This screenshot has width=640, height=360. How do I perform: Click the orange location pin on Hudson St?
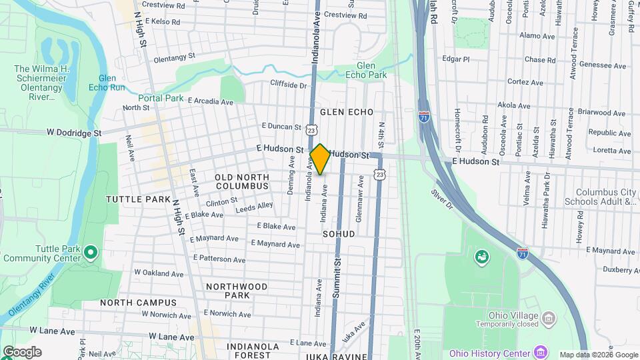pyautogui.click(x=320, y=159)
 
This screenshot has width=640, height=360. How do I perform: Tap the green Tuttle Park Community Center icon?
pyautogui.click(x=91, y=253)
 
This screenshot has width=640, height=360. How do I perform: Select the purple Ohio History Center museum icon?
pyautogui.click(x=541, y=352)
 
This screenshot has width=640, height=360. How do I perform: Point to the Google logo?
pyautogui.click(x=21, y=352)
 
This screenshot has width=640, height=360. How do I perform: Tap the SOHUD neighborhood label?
pyautogui.click(x=339, y=235)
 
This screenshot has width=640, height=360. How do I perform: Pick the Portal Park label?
pyautogui.click(x=161, y=98)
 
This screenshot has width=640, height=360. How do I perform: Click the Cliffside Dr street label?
pyautogui.click(x=288, y=85)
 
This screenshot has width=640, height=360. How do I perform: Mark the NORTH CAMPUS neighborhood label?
pyautogui.click(x=139, y=303)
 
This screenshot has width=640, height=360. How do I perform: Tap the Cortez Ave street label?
pyautogui.click(x=525, y=83)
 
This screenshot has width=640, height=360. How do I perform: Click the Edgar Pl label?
pyautogui.click(x=456, y=59)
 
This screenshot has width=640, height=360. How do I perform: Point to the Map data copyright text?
pyautogui.click(x=598, y=355)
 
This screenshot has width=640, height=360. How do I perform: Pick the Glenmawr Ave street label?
pyautogui.click(x=359, y=199)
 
